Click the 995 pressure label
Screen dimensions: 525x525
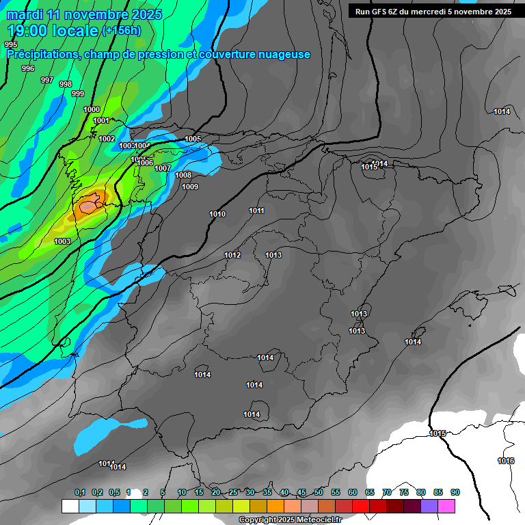point(11,44)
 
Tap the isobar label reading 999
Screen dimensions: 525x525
point(78,94)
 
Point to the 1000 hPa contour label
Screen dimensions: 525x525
point(92,109)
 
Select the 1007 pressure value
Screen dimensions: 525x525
point(163,168)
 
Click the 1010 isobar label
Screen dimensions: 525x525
point(217,214)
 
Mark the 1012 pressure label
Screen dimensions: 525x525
point(232,255)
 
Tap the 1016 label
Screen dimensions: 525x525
point(506,461)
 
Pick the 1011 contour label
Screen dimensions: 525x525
point(257,211)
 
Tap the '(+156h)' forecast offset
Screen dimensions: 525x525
point(121,31)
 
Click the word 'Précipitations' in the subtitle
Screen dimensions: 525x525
point(42,55)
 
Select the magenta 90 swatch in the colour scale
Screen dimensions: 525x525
point(446,506)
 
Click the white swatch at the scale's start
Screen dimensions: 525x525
point(70,506)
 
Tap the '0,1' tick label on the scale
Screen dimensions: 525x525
point(80,492)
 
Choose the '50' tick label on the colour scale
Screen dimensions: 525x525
point(319,492)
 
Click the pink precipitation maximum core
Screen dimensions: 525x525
point(90,205)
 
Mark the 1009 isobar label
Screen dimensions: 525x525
point(190,187)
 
